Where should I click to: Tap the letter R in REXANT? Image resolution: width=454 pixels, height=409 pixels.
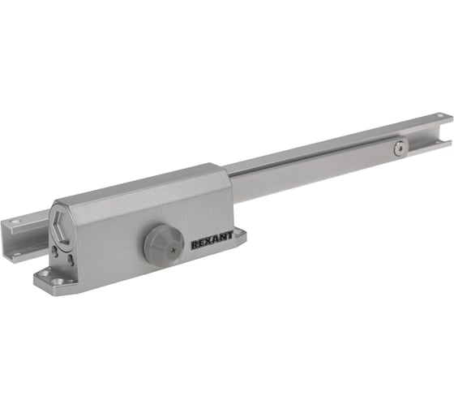click(x=195, y=246)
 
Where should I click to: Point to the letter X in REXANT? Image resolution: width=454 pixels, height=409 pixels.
click(x=209, y=243)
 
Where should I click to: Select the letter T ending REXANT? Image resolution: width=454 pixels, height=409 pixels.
click(x=229, y=236)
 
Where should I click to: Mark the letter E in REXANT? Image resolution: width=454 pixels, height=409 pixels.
click(x=202, y=244)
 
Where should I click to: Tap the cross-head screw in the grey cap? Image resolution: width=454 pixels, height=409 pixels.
click(x=173, y=250)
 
